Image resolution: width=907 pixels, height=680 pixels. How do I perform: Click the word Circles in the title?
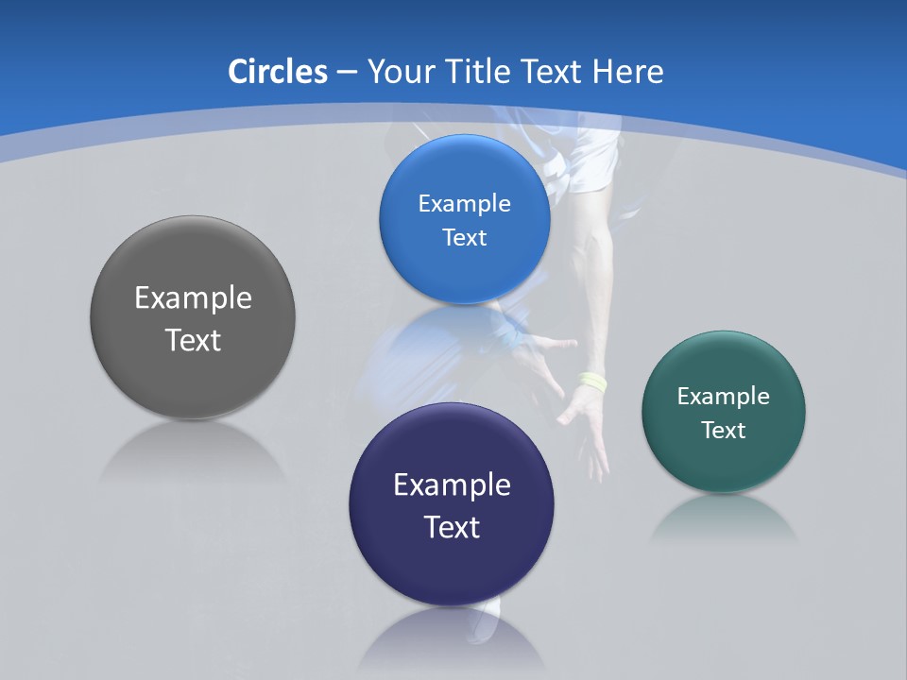pyautogui.click(x=278, y=72)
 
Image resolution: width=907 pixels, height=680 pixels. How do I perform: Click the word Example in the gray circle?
pyautogui.click(x=193, y=298)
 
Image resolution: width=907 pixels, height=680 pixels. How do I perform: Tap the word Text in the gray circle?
pyautogui.click(x=193, y=340)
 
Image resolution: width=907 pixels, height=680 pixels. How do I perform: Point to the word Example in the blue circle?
pyautogui.click(x=464, y=204)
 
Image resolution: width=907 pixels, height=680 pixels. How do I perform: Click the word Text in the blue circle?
pyautogui.click(x=464, y=238)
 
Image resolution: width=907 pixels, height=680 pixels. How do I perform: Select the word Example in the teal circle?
pyautogui.click(x=724, y=397)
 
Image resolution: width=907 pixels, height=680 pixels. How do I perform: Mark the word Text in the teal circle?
pyautogui.click(x=724, y=431)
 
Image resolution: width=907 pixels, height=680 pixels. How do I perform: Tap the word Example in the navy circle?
pyautogui.click(x=452, y=485)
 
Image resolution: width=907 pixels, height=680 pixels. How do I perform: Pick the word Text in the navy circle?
pyautogui.click(x=452, y=527)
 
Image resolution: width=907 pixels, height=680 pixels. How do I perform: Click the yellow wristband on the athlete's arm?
pyautogui.click(x=593, y=382)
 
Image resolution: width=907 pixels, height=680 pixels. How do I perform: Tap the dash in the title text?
pyautogui.click(x=347, y=72)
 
